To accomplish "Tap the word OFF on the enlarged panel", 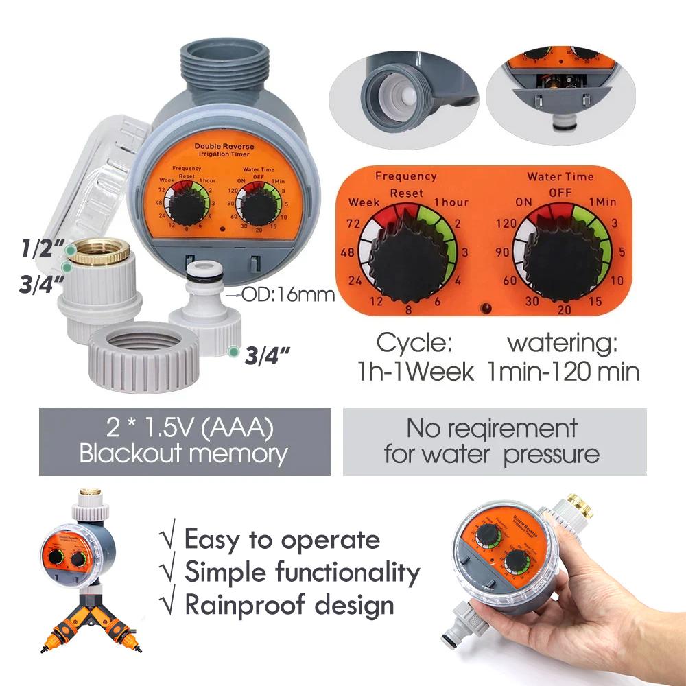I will click(x=560, y=193).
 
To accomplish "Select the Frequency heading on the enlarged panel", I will click(x=406, y=176).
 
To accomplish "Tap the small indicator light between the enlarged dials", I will click(x=488, y=309).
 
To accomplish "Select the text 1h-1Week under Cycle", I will click(x=415, y=371).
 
